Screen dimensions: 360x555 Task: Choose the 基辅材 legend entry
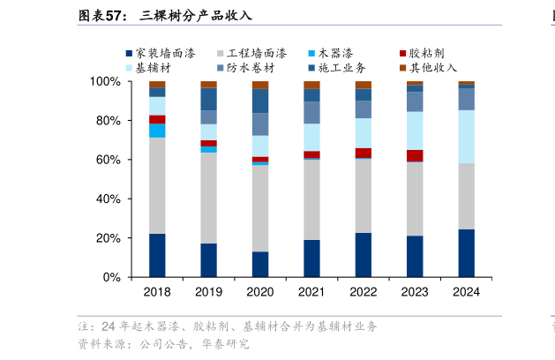[152, 68]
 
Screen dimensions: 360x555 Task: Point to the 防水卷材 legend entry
[250, 68]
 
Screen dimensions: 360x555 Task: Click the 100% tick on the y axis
[106, 81]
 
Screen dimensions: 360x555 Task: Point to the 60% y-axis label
[109, 160]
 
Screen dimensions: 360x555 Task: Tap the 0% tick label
[112, 278]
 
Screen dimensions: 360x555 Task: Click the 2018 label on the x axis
[157, 292]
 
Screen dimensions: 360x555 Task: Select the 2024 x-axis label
[466, 292]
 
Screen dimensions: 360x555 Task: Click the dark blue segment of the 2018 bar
[157, 256]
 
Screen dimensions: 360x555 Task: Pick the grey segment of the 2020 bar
[260, 208]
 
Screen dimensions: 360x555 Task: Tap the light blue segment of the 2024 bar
[466, 137]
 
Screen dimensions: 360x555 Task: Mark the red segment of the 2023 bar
[415, 156]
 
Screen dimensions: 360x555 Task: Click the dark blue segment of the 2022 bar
[364, 255]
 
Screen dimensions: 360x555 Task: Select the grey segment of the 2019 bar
[209, 198]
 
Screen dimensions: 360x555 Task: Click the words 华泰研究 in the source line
[229, 344]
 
